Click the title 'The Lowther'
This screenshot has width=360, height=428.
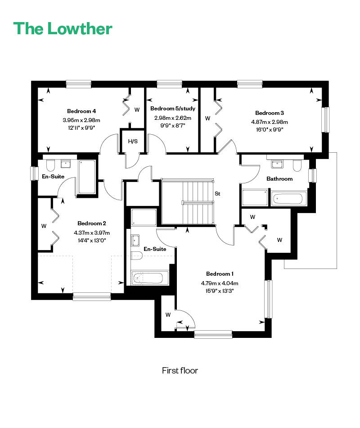(x=63, y=28)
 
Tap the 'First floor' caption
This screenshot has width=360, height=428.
(x=180, y=370)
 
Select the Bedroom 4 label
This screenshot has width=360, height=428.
(x=81, y=111)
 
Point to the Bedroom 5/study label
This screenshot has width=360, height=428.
(x=173, y=109)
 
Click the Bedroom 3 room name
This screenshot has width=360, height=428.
(x=270, y=113)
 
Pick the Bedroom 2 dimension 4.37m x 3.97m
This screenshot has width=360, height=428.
(x=92, y=233)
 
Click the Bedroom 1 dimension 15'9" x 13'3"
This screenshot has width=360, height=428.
(x=220, y=291)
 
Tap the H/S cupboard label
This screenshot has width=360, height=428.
(x=133, y=141)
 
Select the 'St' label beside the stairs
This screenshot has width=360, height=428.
(x=217, y=194)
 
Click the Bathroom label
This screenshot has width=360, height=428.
(x=279, y=179)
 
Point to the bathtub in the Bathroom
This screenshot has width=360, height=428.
(x=288, y=198)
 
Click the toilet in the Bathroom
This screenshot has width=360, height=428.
(x=297, y=165)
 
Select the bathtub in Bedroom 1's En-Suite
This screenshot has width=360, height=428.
(x=149, y=278)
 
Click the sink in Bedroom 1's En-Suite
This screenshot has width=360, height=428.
(x=135, y=240)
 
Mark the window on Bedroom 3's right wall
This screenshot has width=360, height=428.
(x=326, y=120)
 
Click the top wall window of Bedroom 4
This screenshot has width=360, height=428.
(x=79, y=84)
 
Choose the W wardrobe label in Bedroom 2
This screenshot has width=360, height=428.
(x=44, y=226)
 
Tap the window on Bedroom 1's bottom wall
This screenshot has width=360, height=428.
(x=213, y=334)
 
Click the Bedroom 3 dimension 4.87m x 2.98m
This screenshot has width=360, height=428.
(x=270, y=122)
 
